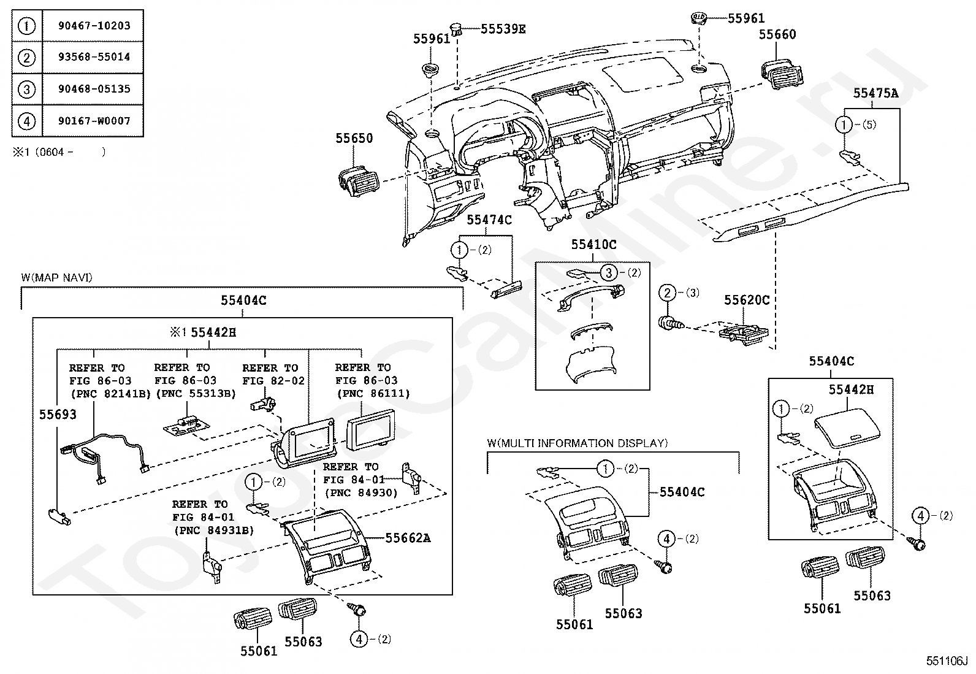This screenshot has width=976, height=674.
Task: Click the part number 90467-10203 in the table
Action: (x=94, y=26)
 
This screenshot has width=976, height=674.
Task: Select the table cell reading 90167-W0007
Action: (x=94, y=121)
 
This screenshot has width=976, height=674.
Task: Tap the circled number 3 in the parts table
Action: (x=26, y=90)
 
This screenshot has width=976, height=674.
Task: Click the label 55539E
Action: (x=503, y=29)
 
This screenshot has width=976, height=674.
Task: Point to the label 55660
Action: (x=777, y=34)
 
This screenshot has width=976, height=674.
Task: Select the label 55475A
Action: (x=875, y=93)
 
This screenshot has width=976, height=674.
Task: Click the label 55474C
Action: (x=489, y=220)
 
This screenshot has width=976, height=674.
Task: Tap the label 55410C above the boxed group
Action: (x=593, y=245)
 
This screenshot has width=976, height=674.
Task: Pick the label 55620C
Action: (x=746, y=300)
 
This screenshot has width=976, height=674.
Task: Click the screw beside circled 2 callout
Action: (x=671, y=323)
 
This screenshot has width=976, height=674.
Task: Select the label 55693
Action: (x=58, y=415)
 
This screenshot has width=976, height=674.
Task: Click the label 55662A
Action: (x=408, y=538)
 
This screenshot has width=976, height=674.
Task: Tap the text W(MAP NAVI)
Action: (x=56, y=278)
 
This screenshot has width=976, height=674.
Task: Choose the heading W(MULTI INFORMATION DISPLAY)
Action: (x=578, y=443)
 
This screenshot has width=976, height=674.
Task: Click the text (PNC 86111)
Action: (x=373, y=393)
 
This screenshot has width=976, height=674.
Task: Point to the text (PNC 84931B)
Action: (x=213, y=530)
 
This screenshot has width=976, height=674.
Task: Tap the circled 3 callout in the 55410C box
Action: (x=608, y=273)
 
